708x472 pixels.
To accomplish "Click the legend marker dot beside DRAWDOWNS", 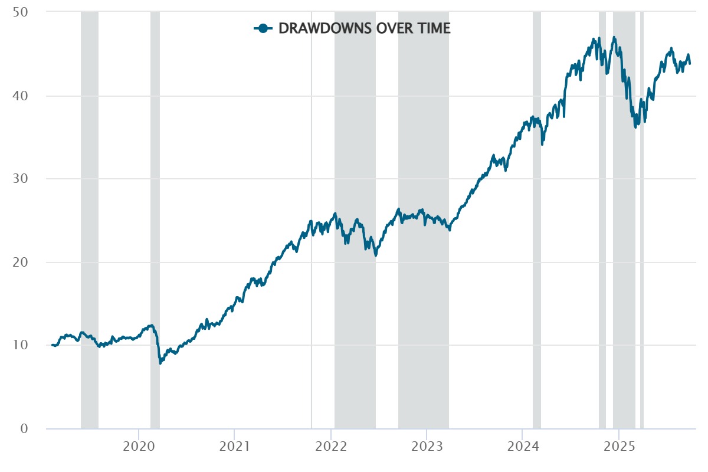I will (263, 28).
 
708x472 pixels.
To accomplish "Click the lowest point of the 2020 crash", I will (160, 363).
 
